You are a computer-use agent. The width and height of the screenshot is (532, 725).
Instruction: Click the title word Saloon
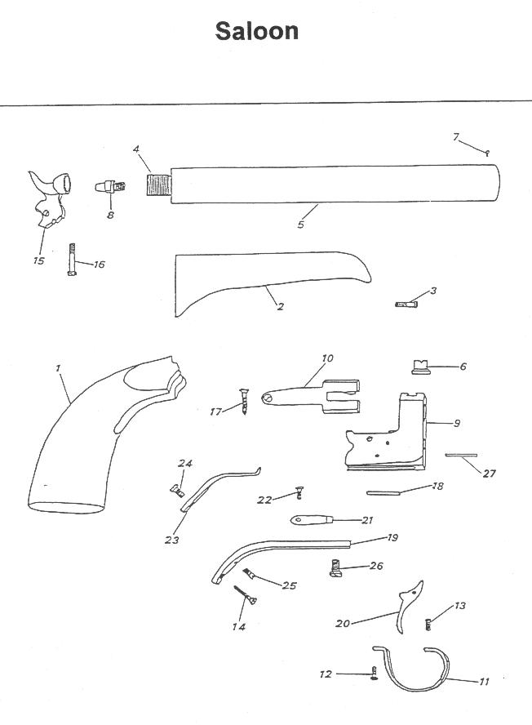[256, 32]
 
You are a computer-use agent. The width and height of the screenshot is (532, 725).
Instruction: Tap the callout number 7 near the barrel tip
[456, 137]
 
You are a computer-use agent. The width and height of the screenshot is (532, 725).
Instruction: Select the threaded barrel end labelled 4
[158, 184]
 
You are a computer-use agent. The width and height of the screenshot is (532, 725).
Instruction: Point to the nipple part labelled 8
[110, 187]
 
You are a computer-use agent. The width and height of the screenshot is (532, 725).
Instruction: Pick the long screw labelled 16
[72, 260]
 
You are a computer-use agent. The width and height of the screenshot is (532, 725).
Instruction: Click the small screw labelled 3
[406, 305]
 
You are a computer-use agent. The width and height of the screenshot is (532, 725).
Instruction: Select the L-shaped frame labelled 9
[388, 437]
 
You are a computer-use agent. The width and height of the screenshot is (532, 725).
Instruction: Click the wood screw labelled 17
[243, 402]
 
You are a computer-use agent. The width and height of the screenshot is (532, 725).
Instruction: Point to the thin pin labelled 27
[461, 455]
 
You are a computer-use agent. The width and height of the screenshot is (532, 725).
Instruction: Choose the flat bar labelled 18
[383, 493]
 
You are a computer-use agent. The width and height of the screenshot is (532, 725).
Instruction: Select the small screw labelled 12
[374, 673]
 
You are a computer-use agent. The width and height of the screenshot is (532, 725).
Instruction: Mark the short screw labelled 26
[337, 568]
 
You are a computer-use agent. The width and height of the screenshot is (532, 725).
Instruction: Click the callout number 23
[171, 540]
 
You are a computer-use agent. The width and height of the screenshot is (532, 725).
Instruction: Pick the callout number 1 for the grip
[58, 368]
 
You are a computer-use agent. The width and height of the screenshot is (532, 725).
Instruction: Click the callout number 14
[238, 626]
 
